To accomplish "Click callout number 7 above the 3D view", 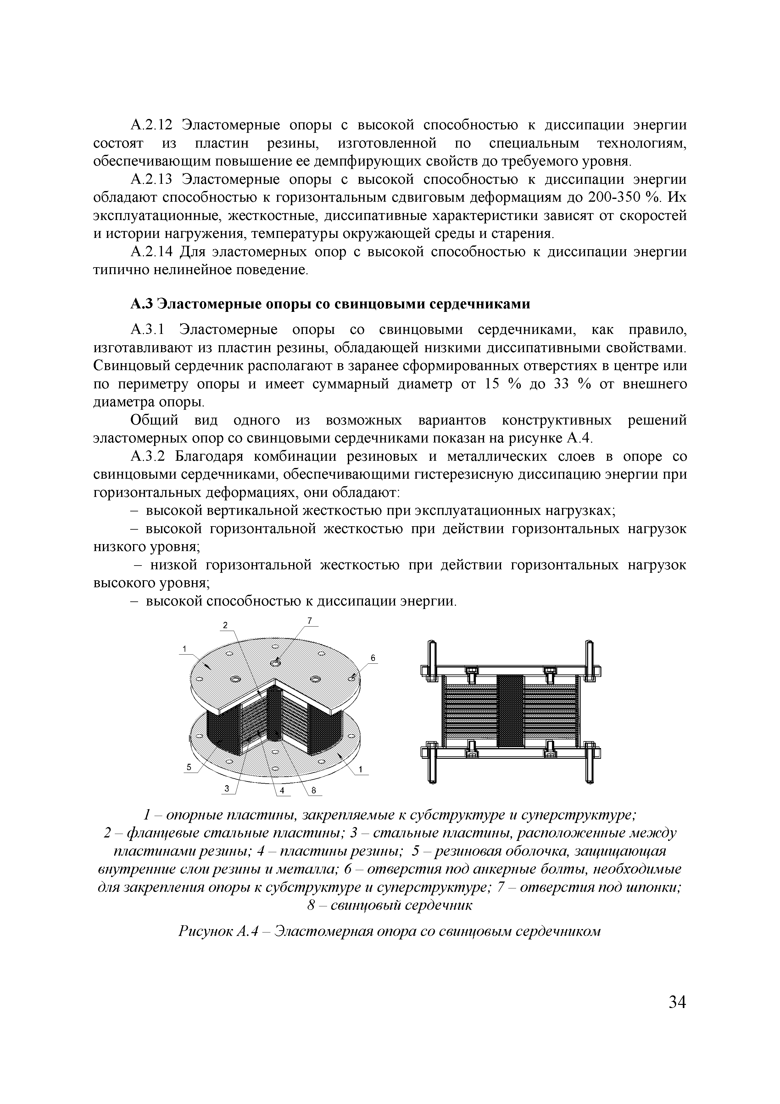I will coord(310,620).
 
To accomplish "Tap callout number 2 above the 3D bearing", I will coord(225,625).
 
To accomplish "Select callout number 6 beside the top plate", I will coord(372,658).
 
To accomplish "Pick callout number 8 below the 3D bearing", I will coord(314,790).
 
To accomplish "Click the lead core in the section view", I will coord(510,711).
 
